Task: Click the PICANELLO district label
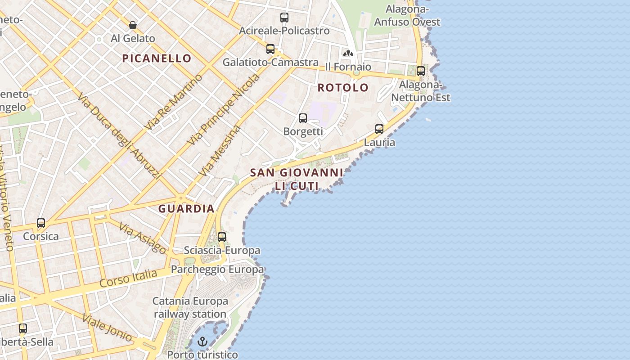[x=157, y=58]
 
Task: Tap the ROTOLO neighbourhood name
[x=343, y=87]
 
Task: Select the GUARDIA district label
[x=186, y=209]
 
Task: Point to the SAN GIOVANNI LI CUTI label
[x=297, y=179]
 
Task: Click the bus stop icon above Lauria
[x=379, y=129]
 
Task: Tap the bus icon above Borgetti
[x=303, y=118]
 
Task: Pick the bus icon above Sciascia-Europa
[x=222, y=237]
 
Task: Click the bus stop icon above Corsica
[x=41, y=223]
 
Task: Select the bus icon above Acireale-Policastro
[x=284, y=18]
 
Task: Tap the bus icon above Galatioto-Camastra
[x=270, y=49]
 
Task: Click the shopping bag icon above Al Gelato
[x=133, y=25]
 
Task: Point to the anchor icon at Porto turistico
[x=202, y=342]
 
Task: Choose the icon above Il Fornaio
[x=348, y=54]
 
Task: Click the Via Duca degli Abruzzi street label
[x=119, y=136]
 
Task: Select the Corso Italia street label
[x=128, y=278]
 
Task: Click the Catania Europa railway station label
[x=189, y=307]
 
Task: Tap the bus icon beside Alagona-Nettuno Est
[x=421, y=71]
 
